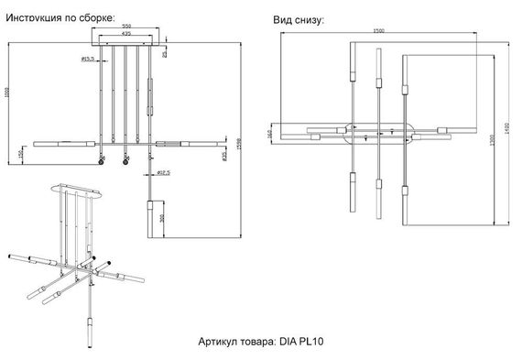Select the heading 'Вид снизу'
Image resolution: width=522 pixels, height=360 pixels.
click(299, 19)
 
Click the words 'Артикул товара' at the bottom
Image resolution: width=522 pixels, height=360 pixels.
click(234, 341)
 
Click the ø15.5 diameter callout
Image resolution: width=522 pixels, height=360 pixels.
click(89, 60)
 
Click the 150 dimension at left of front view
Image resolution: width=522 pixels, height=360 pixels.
click(21, 153)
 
